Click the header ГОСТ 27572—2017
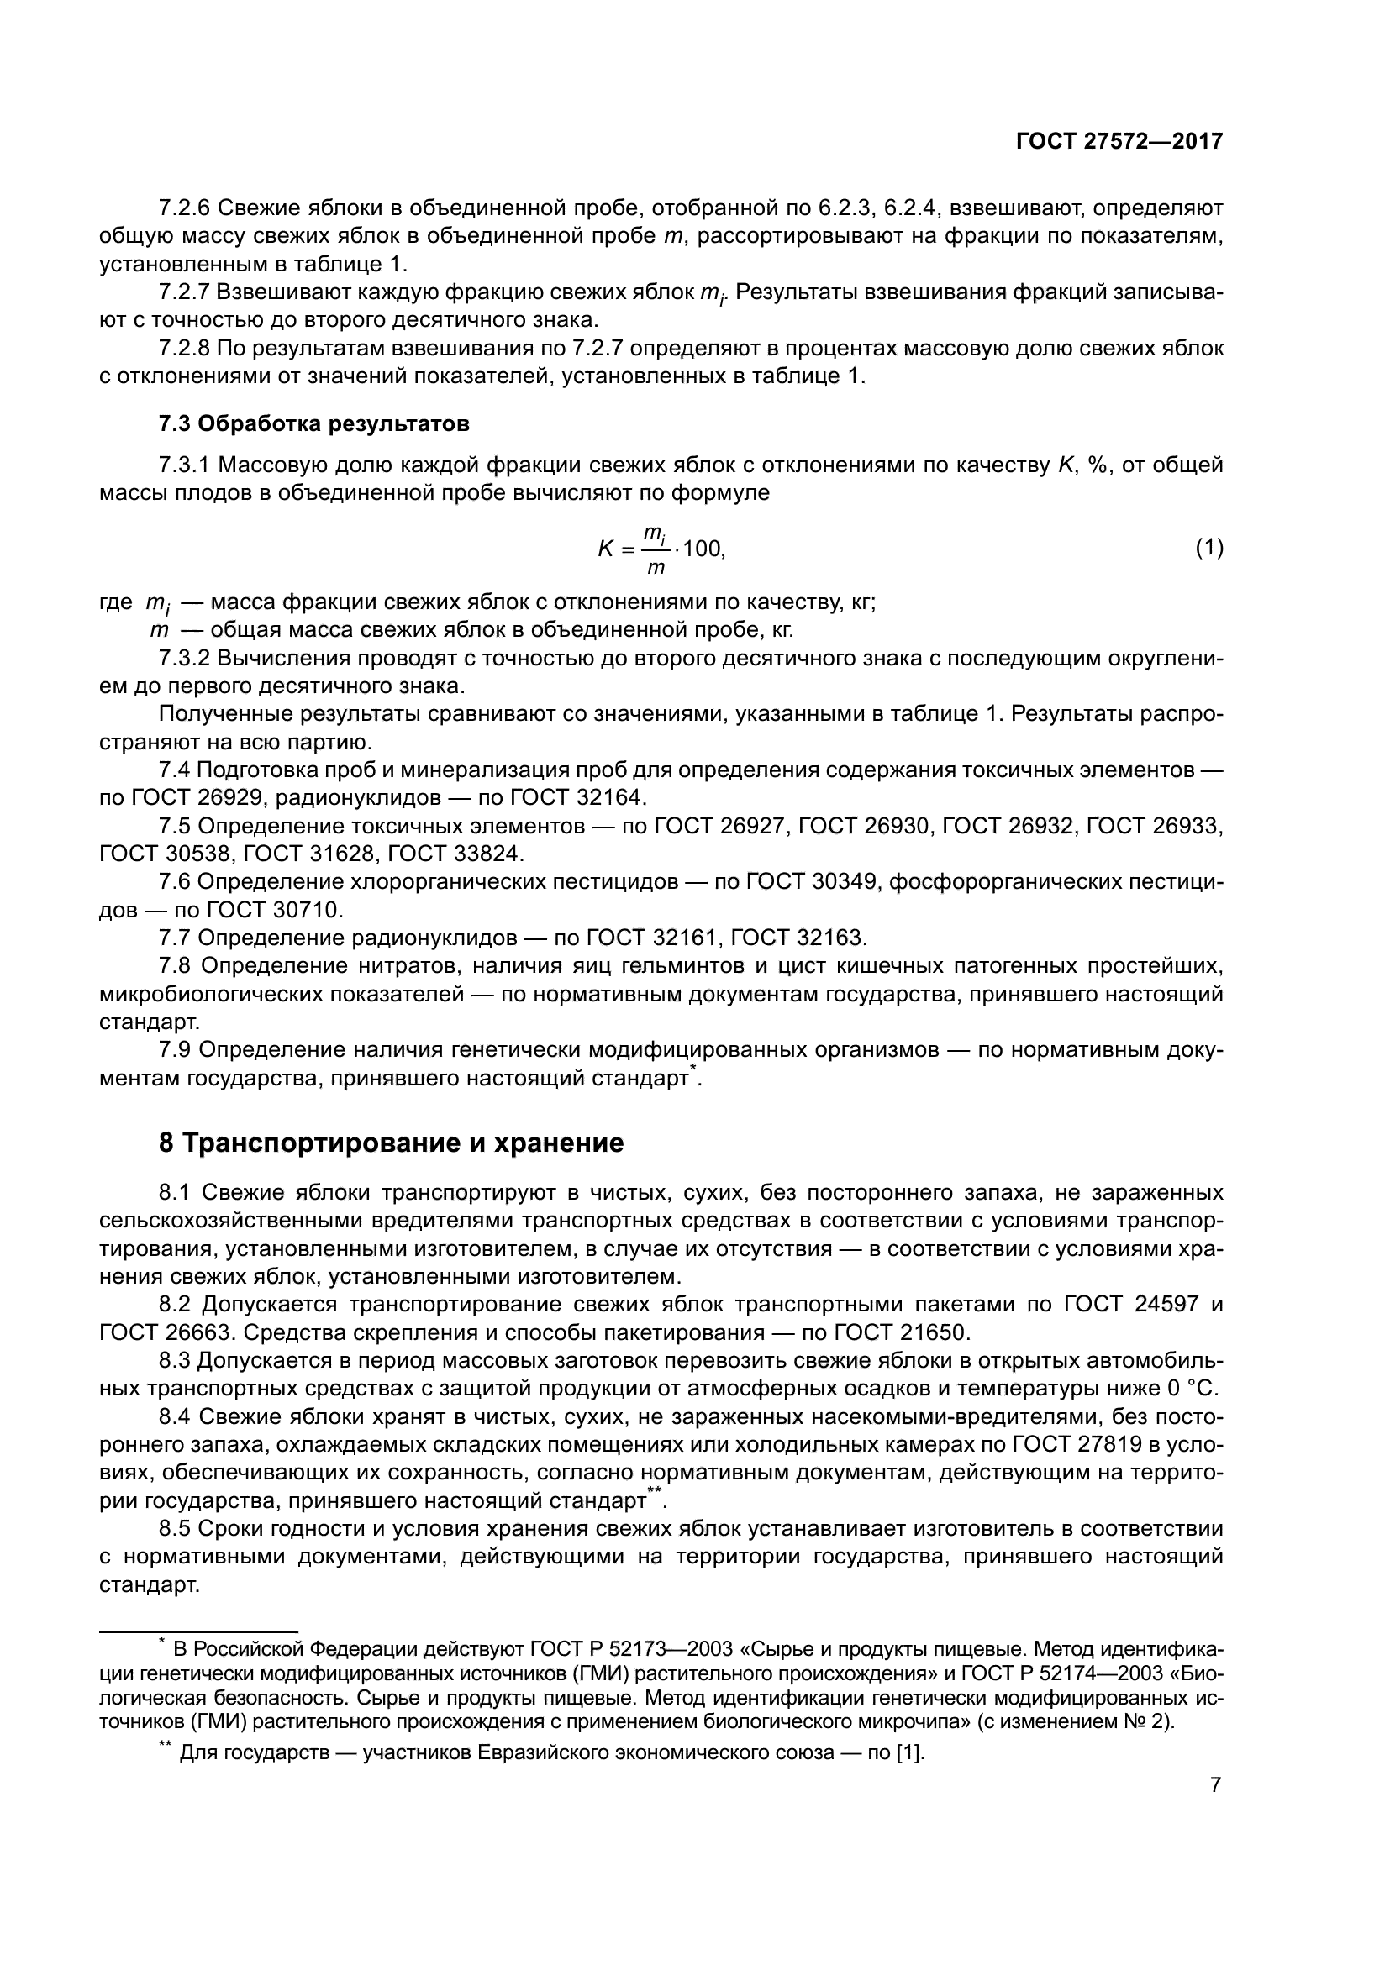point(1119,141)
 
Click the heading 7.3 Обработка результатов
point(314,423)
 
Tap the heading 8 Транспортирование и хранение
point(391,1143)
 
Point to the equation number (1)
point(1208,548)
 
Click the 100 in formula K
point(703,549)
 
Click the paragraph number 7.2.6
point(184,208)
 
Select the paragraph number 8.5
point(178,1528)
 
